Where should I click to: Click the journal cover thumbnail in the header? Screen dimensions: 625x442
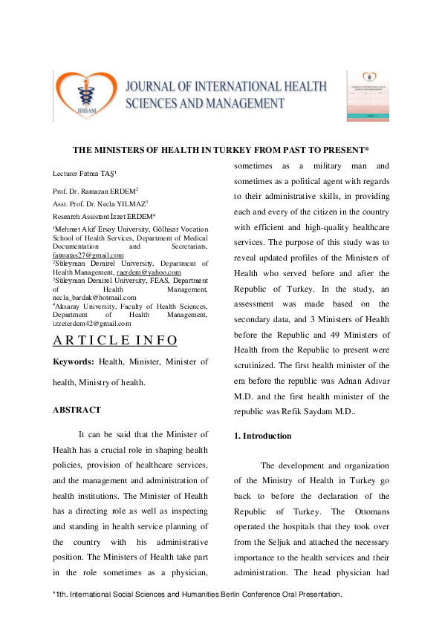368,96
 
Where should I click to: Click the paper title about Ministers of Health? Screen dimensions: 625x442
221,149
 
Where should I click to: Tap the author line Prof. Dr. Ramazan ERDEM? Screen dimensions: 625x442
91,191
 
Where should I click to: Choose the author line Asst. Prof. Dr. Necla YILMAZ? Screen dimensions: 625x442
95,202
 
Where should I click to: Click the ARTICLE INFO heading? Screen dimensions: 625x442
115,341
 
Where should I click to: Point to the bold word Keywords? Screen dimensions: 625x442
73,361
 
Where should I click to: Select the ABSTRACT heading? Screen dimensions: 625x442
77,409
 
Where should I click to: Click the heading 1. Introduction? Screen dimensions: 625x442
262,436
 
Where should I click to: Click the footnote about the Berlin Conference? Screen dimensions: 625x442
197,595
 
